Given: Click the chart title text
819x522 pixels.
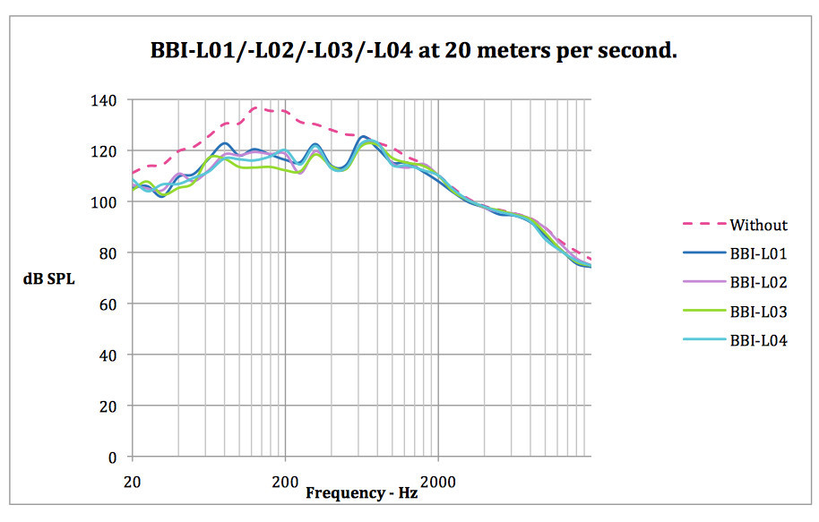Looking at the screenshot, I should (413, 51).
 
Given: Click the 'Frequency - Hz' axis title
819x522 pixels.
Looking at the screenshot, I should (361, 492).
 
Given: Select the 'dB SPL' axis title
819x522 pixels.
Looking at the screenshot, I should (49, 278).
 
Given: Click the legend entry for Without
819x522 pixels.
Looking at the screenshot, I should (758, 225).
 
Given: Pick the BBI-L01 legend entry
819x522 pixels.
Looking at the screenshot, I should (758, 253).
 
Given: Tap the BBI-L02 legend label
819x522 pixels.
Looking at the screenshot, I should (758, 282).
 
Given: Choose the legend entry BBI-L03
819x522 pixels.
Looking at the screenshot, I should (758, 311).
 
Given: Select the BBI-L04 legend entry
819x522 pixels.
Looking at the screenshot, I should (758, 339).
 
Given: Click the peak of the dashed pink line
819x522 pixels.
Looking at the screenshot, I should (257, 107).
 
